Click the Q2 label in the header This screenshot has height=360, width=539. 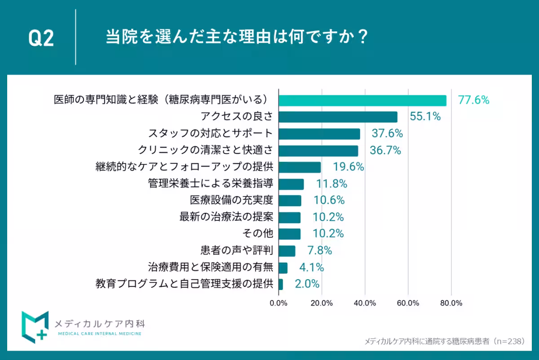point(41,39)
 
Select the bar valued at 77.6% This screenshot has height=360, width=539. point(362,101)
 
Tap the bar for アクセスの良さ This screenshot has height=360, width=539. point(338,117)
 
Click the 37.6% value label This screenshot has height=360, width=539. point(387,134)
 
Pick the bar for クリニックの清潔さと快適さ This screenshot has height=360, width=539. point(318,151)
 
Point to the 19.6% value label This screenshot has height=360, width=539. point(348,167)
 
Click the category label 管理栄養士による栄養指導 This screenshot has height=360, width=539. point(210,184)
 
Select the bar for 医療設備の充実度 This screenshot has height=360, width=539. point(290,201)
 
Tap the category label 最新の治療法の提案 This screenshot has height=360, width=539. point(226,217)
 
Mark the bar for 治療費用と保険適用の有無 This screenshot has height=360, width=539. point(283,268)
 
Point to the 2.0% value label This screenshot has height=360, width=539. point(307,284)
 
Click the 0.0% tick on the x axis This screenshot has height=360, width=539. point(278,303)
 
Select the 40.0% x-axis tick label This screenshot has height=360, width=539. point(365,303)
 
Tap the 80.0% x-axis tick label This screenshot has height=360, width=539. point(451,303)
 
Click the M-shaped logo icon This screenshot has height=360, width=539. point(35,325)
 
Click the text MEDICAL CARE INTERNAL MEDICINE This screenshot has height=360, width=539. point(100,334)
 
